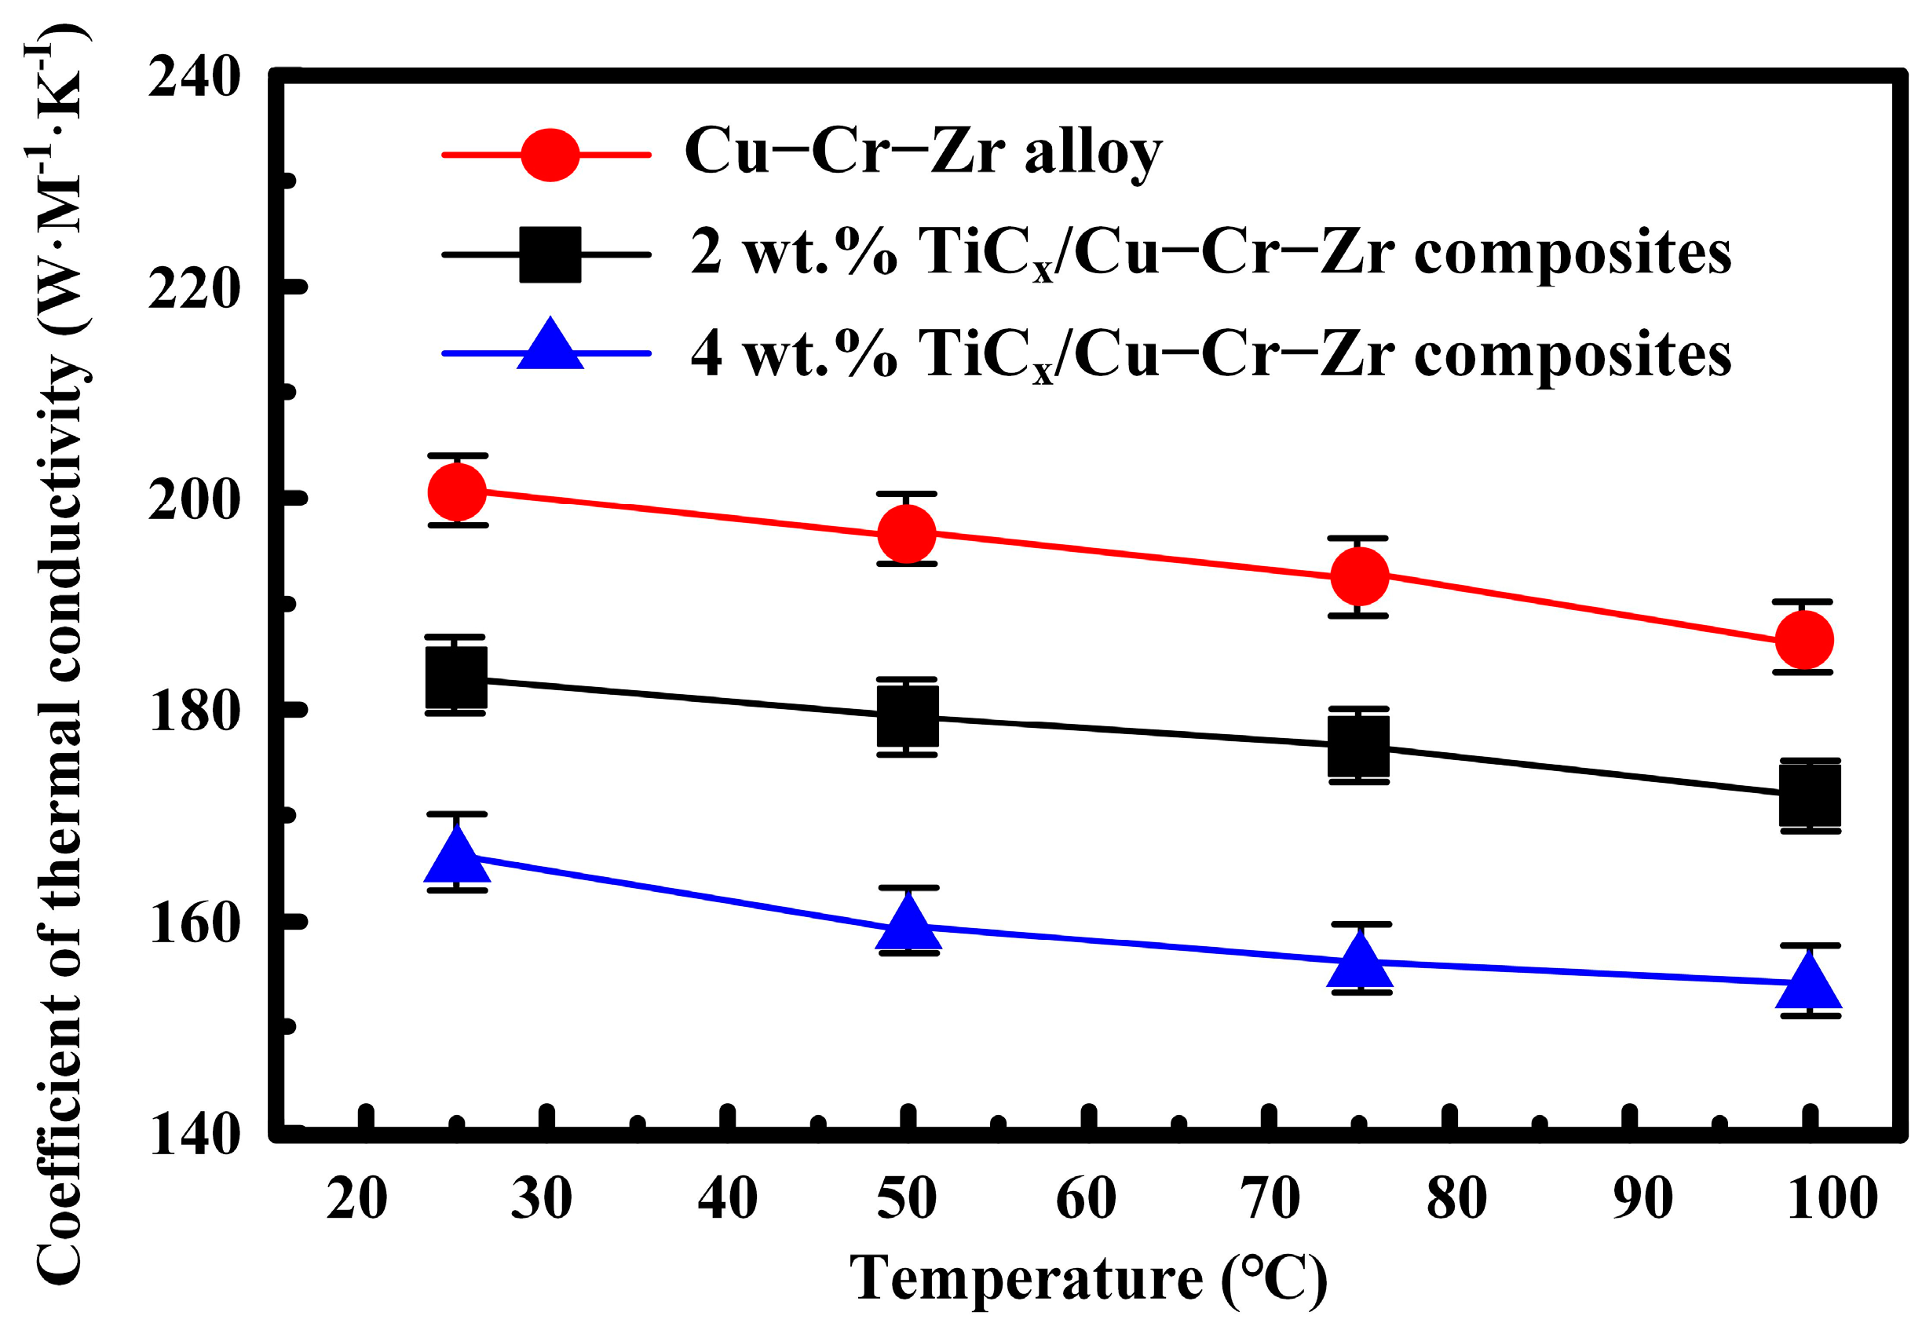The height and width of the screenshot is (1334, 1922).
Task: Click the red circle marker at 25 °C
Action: (x=456, y=492)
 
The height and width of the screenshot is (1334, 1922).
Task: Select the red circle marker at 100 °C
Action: (x=1805, y=640)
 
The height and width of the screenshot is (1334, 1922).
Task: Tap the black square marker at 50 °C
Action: (x=908, y=716)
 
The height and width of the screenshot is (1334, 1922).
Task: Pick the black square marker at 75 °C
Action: (x=1359, y=746)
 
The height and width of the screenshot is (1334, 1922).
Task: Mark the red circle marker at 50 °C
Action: (x=907, y=533)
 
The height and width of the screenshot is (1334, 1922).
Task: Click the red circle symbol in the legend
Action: (x=549, y=155)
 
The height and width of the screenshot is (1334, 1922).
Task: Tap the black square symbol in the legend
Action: (x=550, y=254)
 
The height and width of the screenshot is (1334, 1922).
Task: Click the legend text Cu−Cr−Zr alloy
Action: (x=923, y=153)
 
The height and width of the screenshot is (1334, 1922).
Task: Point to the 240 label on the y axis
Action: (x=194, y=79)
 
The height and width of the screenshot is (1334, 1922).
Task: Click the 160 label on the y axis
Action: (x=194, y=923)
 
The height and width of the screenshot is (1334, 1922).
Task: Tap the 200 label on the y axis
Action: (x=194, y=501)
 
